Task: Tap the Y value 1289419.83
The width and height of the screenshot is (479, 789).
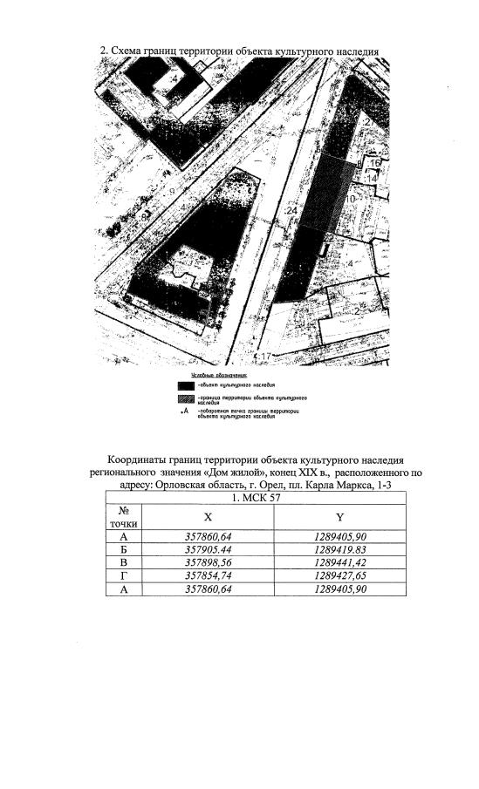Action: pos(340,549)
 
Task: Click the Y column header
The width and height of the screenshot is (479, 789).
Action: pos(340,517)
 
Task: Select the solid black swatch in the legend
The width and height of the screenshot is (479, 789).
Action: pos(185,384)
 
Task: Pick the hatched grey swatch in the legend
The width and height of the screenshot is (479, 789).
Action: pos(185,398)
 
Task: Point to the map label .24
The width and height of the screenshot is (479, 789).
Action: pos(291,211)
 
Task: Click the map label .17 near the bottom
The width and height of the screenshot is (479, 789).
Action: pos(263,357)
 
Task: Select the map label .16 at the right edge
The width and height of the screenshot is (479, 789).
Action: pos(373,163)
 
